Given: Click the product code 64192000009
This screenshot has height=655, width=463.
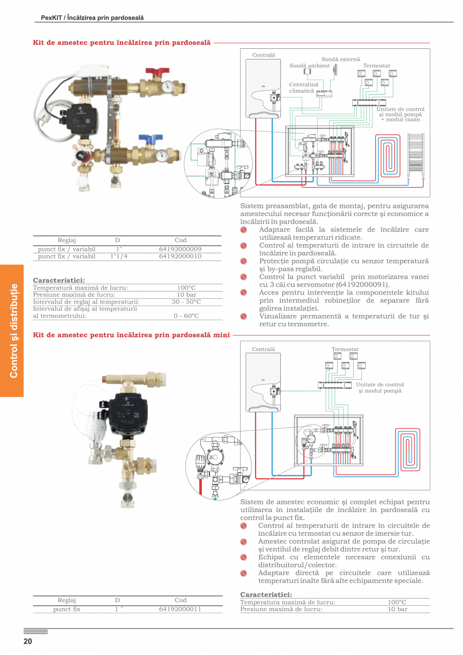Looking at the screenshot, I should click(x=180, y=249).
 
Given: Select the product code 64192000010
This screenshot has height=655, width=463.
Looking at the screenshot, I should click(x=180, y=256).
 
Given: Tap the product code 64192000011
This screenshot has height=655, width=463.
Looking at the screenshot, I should click(x=180, y=609).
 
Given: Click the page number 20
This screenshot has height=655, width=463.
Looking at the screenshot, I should click(x=27, y=641).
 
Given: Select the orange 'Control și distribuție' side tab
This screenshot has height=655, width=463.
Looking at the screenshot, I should click(x=12, y=330).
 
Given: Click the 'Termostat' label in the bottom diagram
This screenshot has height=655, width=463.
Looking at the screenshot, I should click(x=345, y=349).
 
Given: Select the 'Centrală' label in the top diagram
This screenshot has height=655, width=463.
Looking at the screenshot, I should click(x=264, y=54).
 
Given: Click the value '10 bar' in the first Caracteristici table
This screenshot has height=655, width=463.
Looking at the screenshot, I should click(x=186, y=295).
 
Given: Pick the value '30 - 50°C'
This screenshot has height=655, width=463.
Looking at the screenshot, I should click(x=186, y=302).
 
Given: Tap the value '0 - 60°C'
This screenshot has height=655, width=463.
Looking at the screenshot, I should click(x=186, y=316).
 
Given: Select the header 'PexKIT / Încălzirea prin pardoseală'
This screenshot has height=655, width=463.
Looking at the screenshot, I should click(x=92, y=18).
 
